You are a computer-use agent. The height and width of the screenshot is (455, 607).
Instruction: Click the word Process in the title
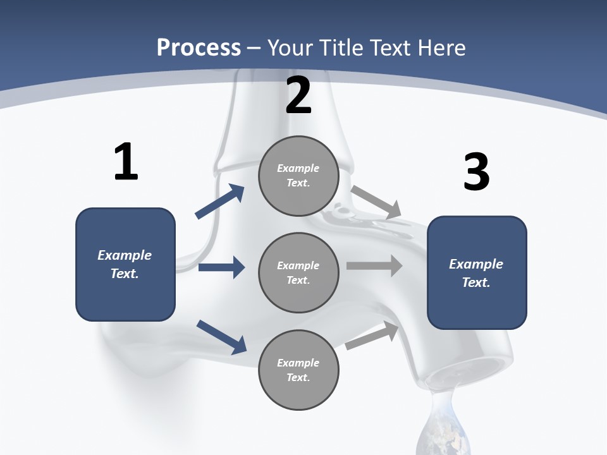coord(199,47)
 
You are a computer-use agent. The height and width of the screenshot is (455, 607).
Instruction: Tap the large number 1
coord(126,162)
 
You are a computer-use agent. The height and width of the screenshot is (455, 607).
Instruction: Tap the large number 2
coord(298,96)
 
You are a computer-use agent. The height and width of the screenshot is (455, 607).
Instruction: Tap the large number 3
coord(476,172)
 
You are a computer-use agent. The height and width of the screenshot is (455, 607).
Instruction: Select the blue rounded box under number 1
coord(125,264)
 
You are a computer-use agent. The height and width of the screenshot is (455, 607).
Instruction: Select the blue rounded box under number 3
coord(477,272)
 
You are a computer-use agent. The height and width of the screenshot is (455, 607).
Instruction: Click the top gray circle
coord(298,176)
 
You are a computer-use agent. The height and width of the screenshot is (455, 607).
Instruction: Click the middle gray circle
coord(298,272)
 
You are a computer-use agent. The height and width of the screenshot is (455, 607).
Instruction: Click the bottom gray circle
coord(298,370)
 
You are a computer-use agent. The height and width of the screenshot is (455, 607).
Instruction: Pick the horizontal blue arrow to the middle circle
coord(221,267)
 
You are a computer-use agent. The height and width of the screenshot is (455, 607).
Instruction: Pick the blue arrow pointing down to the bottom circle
coord(221,336)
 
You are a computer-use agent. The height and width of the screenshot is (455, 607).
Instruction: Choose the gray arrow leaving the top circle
coord(376,202)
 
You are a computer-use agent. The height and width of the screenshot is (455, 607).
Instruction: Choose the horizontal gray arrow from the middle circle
coord(374,265)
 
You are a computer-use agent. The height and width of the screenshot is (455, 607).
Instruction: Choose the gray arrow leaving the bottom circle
coord(372,336)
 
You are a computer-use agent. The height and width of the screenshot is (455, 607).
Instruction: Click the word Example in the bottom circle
coord(298,363)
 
